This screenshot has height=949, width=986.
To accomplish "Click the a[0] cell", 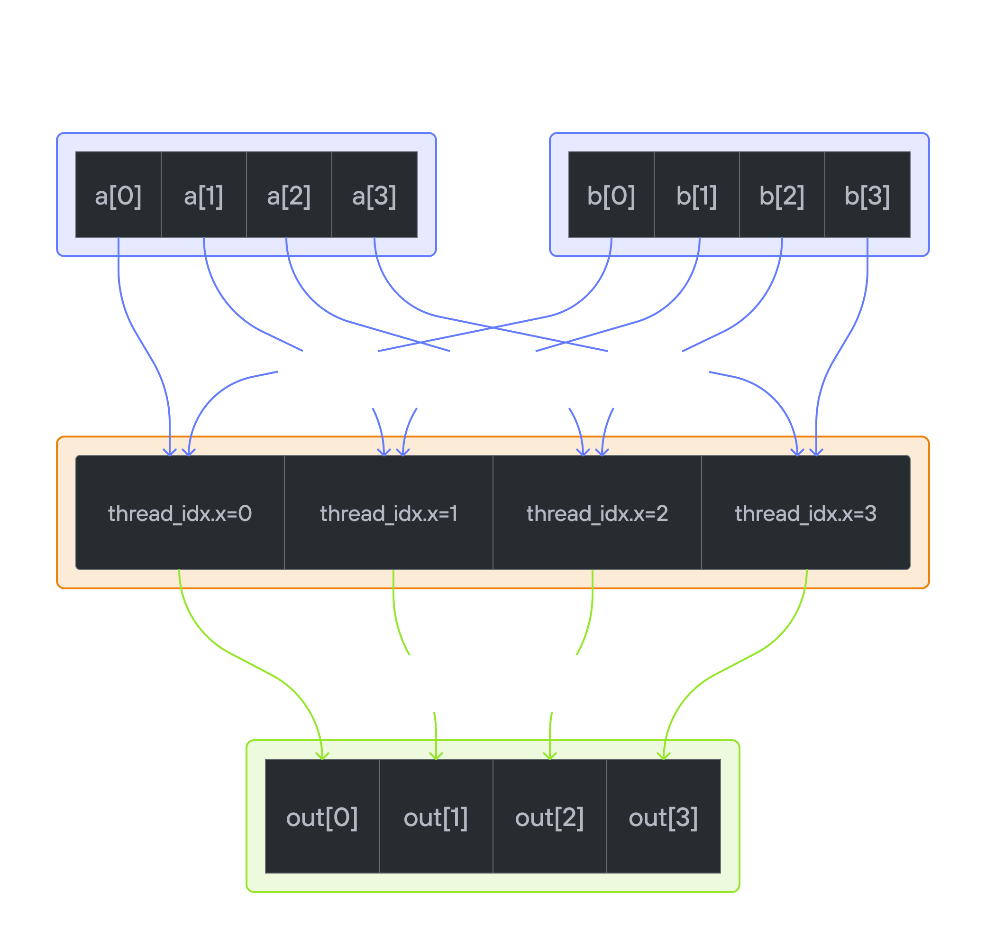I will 118,195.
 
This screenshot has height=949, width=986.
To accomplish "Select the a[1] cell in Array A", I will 203,195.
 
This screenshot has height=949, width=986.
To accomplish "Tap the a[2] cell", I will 289,195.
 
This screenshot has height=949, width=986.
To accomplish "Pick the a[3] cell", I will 374,195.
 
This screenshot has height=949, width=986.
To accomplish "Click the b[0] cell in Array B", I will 611,195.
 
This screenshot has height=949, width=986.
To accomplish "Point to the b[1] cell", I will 696,195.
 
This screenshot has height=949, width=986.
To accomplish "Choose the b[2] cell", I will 782,195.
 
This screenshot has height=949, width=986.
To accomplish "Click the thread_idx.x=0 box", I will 180,513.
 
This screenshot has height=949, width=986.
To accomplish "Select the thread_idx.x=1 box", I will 388,513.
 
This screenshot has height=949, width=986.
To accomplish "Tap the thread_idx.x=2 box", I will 597,513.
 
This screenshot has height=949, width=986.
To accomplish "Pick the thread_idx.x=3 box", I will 805,513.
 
